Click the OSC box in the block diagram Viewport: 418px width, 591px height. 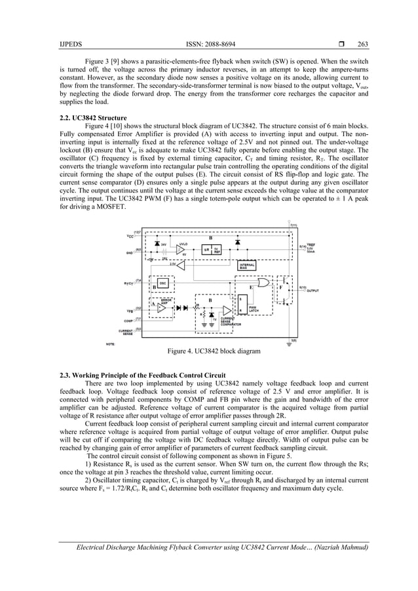(161, 282)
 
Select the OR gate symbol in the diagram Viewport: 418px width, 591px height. (263, 283)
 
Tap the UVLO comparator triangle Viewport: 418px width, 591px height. (180, 249)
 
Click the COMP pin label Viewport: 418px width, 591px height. (129, 321)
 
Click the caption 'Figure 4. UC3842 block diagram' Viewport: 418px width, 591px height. (214, 351)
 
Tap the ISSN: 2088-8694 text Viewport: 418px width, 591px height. (214, 45)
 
